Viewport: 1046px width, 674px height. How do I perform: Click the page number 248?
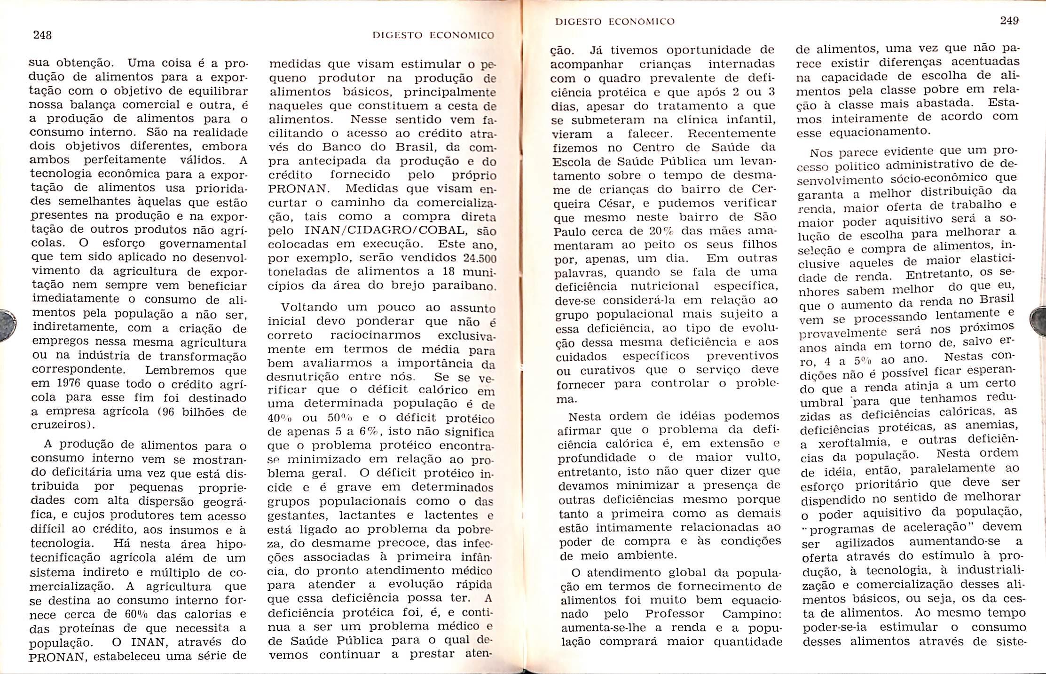click(42, 35)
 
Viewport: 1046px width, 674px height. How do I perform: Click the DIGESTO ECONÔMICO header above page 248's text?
click(433, 35)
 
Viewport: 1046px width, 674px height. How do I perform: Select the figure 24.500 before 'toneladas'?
click(480, 258)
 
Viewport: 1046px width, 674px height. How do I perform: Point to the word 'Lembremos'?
click(179, 370)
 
